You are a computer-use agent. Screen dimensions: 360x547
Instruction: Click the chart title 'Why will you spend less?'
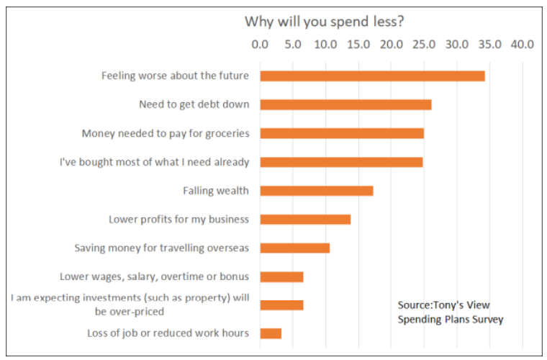tap(324, 21)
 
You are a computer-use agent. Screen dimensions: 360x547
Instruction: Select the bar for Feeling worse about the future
tap(372, 76)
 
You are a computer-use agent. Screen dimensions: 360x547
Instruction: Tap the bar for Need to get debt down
tap(345, 104)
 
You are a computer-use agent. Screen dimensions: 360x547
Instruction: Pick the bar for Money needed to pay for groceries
tap(342, 133)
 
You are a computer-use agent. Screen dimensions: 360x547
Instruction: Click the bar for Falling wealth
tap(317, 191)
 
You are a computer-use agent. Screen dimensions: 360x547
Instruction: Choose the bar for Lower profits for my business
tap(305, 219)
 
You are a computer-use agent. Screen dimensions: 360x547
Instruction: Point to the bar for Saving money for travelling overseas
tap(295, 248)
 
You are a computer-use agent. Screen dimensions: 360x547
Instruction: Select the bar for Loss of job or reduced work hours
tap(271, 333)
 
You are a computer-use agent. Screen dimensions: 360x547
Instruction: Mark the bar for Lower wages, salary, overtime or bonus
tap(281, 276)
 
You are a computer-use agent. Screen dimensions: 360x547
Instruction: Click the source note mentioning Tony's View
tap(450, 312)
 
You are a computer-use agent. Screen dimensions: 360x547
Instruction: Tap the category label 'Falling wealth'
tap(216, 191)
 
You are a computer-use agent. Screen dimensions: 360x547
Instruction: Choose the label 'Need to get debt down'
tap(194, 104)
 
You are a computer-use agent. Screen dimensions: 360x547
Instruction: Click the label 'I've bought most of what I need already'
tap(154, 162)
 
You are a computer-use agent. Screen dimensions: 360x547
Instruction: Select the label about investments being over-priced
tap(130, 305)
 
